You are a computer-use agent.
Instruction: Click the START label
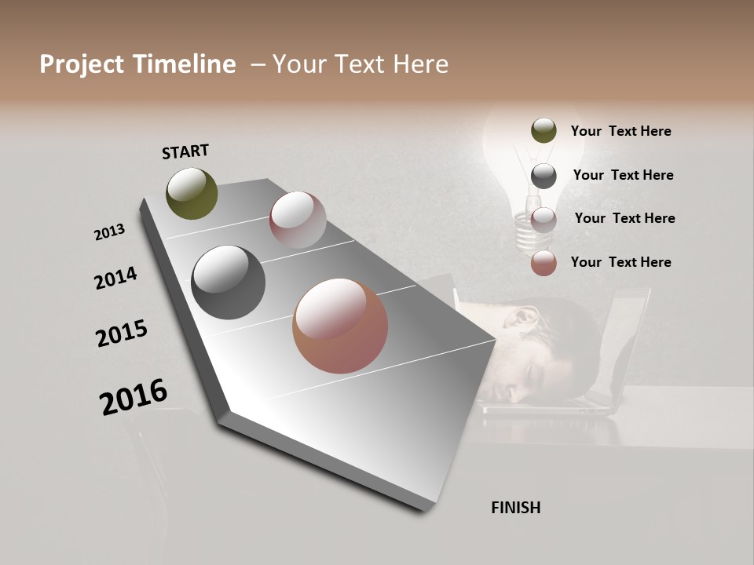click(185, 151)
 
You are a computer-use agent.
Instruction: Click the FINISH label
click(515, 507)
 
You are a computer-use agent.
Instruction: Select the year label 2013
click(109, 232)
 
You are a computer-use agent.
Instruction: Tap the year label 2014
click(115, 278)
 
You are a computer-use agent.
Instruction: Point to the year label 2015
click(122, 334)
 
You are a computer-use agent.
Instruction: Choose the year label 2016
click(134, 397)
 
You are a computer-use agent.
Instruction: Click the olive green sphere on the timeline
click(192, 193)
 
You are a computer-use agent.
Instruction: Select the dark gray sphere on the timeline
click(228, 282)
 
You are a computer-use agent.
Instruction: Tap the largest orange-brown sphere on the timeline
click(340, 326)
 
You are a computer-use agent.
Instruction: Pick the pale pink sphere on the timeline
click(298, 220)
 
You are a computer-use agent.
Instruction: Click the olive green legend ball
click(544, 131)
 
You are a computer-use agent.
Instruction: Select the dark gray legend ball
click(544, 176)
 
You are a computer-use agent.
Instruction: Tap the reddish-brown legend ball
click(544, 263)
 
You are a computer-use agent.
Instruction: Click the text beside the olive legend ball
click(620, 131)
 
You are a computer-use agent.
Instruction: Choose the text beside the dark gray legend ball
click(623, 175)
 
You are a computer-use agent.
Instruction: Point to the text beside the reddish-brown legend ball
click(620, 262)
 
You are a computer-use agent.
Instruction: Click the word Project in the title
click(81, 64)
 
